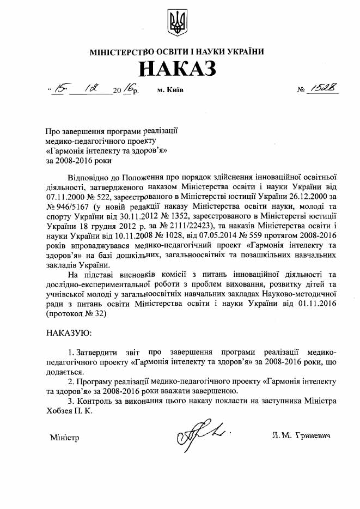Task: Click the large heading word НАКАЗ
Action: (x=178, y=69)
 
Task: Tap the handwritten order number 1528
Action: (x=324, y=87)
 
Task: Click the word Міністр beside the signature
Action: (x=64, y=437)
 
